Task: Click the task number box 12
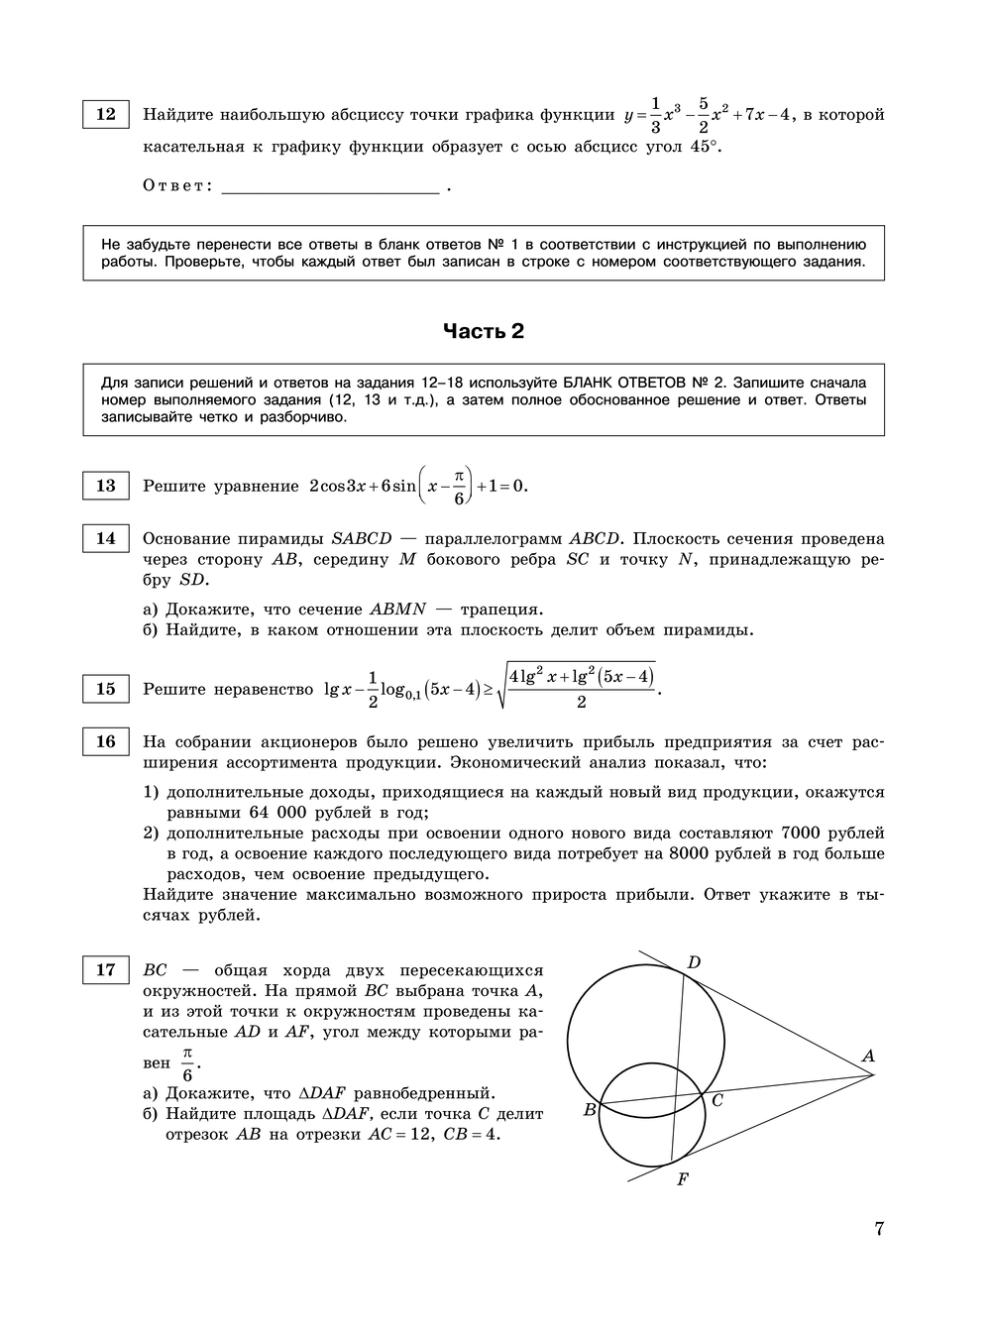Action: click(105, 114)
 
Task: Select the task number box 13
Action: click(105, 486)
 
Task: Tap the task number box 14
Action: click(105, 538)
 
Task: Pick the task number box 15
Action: click(105, 689)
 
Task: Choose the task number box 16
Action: click(105, 741)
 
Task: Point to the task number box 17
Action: click(105, 969)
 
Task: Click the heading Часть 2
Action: click(483, 331)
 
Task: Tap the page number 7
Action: click(878, 1230)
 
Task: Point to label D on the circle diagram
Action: click(694, 962)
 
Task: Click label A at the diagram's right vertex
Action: click(868, 1057)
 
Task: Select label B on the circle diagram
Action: click(589, 1110)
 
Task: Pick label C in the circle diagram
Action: click(716, 1099)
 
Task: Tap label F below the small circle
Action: click(682, 1179)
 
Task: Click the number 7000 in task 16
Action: click(803, 833)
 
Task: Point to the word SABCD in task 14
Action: click(362, 538)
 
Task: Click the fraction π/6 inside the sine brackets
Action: click(458, 487)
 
